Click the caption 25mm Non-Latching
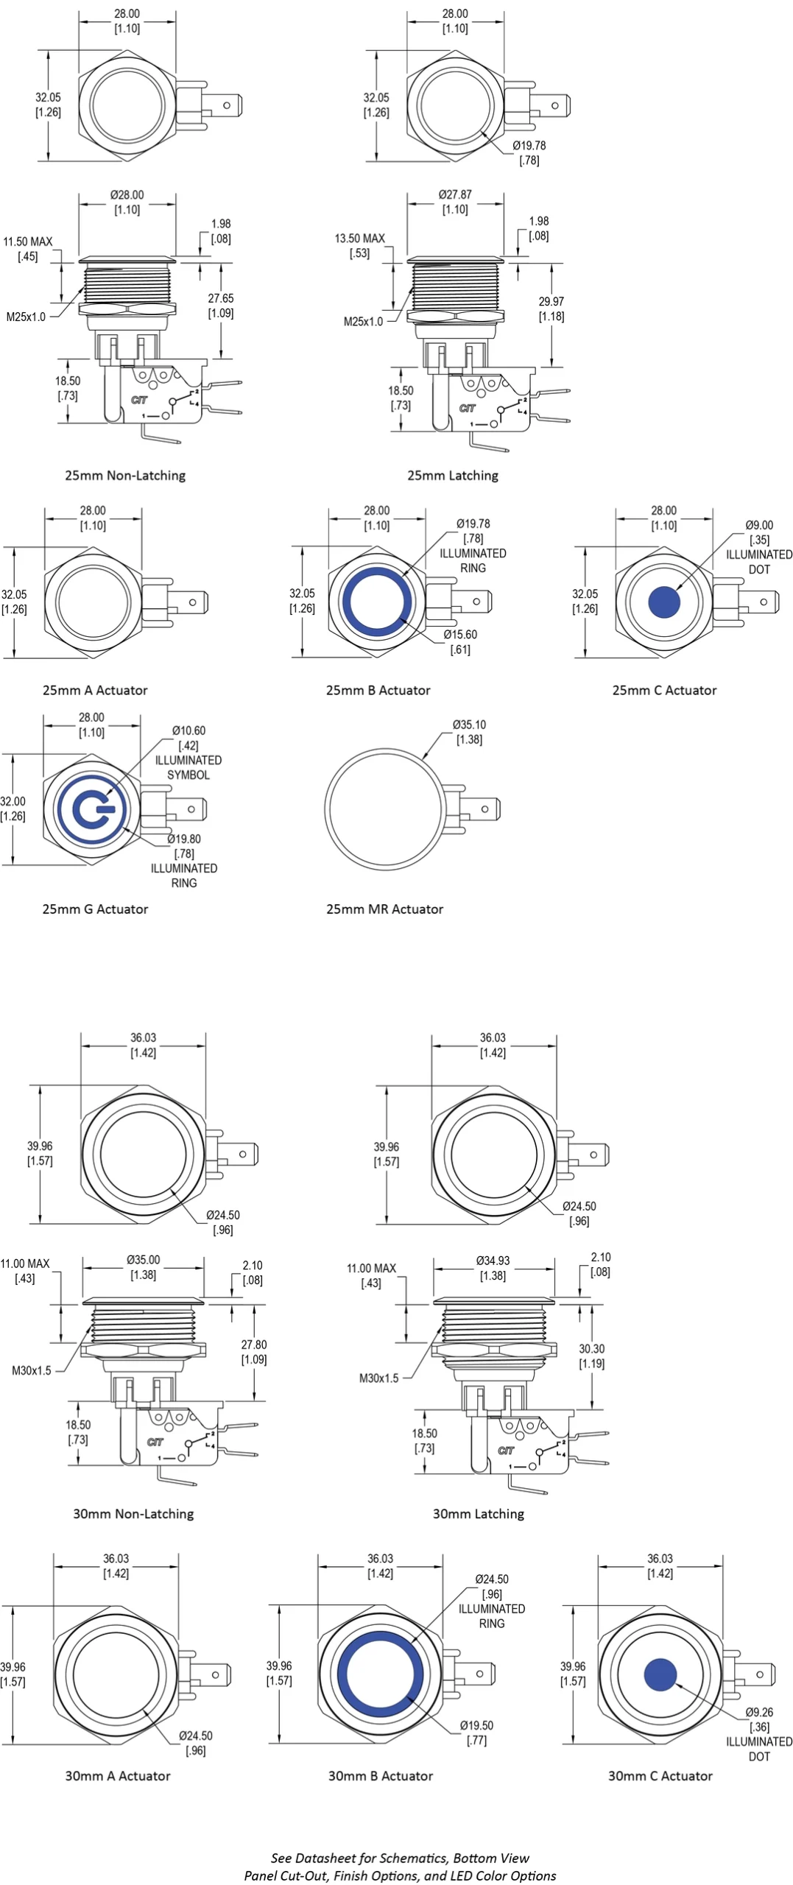(x=125, y=476)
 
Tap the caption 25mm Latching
(x=453, y=476)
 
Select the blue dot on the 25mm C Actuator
(x=664, y=602)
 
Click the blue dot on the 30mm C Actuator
(x=660, y=1674)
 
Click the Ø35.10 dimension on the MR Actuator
(x=469, y=725)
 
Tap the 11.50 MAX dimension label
(x=28, y=242)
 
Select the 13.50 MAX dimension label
(x=359, y=239)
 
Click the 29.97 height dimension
(x=551, y=302)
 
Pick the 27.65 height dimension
(x=220, y=299)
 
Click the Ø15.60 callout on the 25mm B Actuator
(x=460, y=635)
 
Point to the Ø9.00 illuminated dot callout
(x=759, y=526)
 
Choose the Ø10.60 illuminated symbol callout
(x=188, y=731)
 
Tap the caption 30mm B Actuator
(x=380, y=1776)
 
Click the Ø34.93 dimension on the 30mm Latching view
(x=493, y=1261)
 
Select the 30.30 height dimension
(x=591, y=1349)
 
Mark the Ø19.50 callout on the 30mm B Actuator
(x=476, y=1726)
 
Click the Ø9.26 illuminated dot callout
(x=759, y=1713)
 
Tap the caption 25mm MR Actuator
(x=384, y=909)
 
